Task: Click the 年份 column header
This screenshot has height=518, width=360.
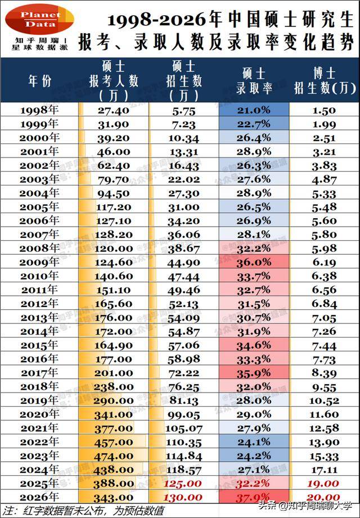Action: pos(40,80)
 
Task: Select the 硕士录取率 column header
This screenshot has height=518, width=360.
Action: pos(254,80)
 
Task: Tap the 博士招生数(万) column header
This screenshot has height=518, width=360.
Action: pos(325,80)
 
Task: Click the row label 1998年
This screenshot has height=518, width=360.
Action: pos(39,110)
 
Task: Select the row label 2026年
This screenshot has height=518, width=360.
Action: pos(39,497)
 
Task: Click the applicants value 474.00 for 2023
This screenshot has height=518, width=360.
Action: pos(114,456)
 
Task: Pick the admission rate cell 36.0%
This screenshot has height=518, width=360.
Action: pos(254,262)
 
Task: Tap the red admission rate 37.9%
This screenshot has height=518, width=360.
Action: pos(254,497)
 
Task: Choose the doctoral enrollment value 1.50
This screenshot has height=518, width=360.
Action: pos(325,110)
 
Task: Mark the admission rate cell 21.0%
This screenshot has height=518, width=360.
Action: pos(254,110)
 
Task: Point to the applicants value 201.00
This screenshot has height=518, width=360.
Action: pos(114,373)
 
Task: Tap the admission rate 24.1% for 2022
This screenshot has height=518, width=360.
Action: pos(254,442)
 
